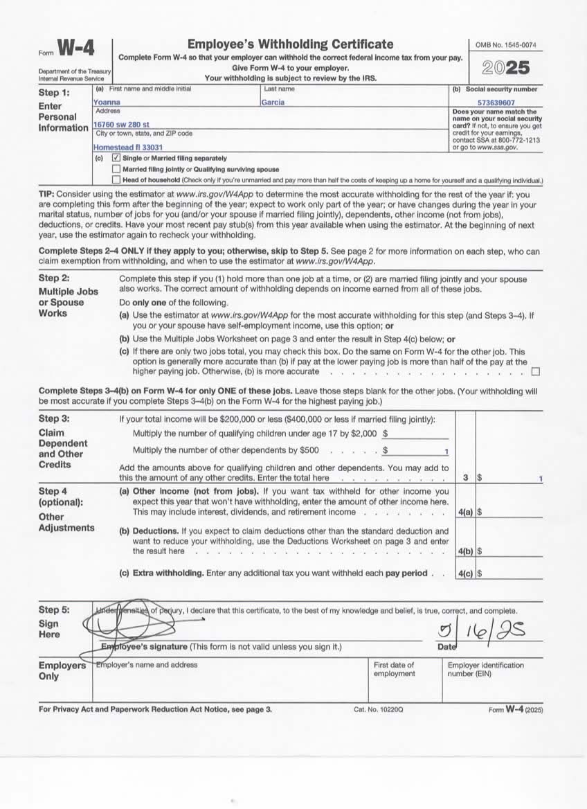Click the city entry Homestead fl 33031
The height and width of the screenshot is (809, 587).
(128, 148)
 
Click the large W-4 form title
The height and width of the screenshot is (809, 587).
(75, 48)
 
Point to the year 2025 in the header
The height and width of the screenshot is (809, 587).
(505, 68)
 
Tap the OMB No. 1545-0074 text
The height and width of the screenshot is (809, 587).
(505, 46)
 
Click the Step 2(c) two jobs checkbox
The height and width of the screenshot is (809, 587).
(534, 372)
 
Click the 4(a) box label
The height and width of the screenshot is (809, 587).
(465, 513)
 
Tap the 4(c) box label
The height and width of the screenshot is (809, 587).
(465, 574)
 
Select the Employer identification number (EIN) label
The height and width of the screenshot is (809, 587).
(486, 669)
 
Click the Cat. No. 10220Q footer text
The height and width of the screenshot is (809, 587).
(378, 710)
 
